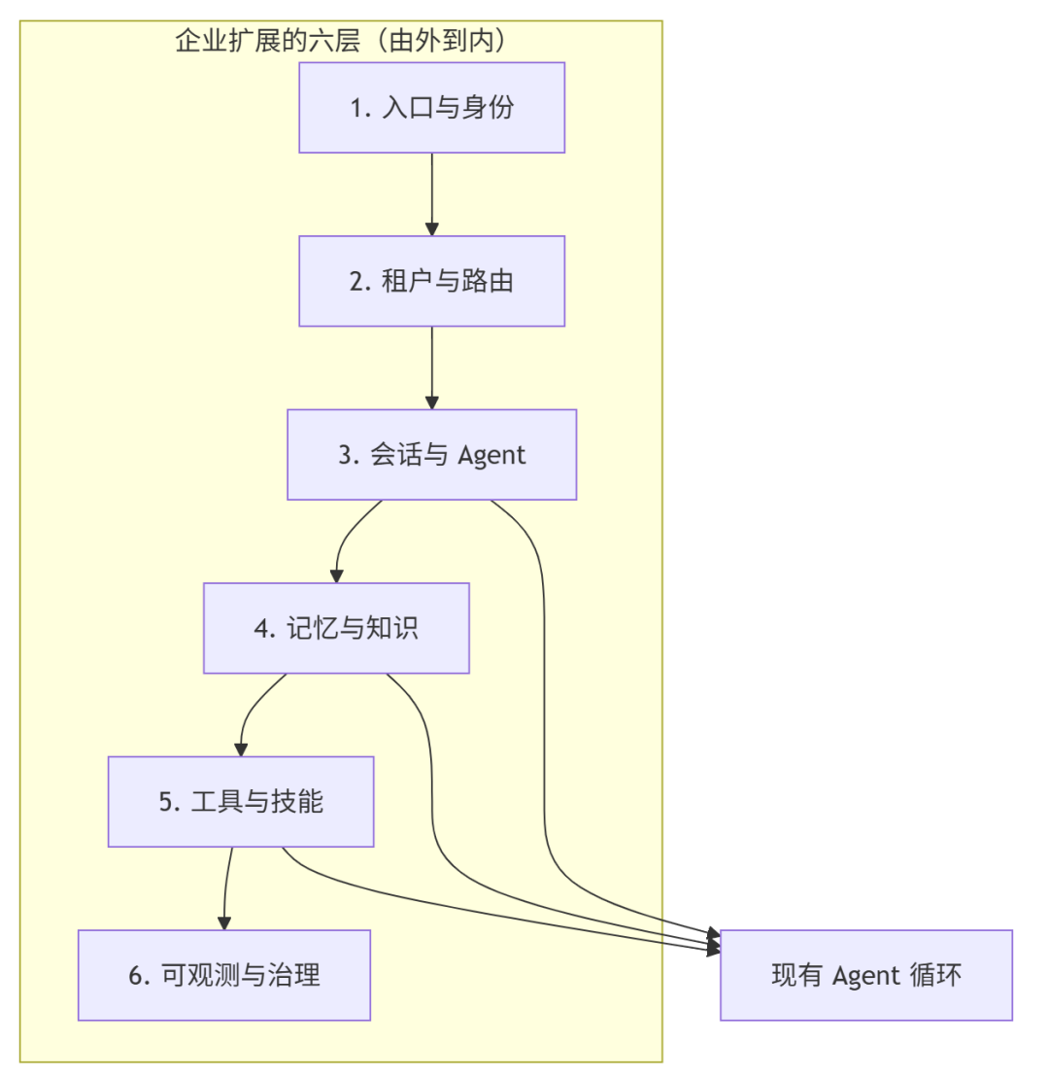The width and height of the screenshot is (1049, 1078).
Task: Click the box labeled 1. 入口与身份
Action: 431,107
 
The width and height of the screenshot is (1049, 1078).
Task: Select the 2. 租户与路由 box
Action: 431,281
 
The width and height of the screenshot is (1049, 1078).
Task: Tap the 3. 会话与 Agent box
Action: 431,454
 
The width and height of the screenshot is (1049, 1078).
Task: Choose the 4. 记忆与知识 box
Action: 336,628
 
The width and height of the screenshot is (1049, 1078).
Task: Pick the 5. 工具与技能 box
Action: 241,801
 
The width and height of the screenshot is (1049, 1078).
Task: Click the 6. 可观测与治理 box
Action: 223,975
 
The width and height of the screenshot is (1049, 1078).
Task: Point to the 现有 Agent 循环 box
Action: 865,975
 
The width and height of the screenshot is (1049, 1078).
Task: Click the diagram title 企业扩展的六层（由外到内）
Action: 341,41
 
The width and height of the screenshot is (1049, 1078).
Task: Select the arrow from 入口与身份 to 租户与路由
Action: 431,194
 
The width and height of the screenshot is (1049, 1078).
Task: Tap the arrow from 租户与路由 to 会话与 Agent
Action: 431,367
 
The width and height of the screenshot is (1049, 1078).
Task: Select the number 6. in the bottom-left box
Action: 140,976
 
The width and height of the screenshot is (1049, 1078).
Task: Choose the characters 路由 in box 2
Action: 490,282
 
